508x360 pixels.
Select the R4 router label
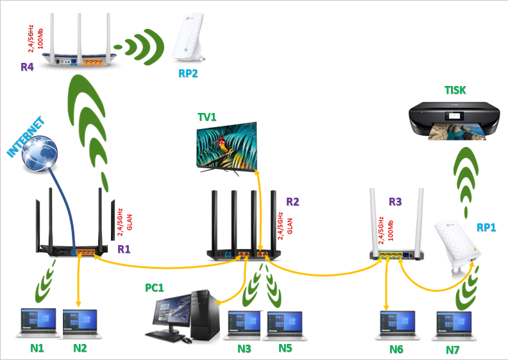27,66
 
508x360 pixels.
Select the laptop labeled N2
81,321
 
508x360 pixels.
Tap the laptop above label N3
244,324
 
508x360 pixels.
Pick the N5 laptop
284,324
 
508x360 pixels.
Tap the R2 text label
292,201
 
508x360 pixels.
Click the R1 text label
123,248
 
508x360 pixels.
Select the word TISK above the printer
457,89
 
